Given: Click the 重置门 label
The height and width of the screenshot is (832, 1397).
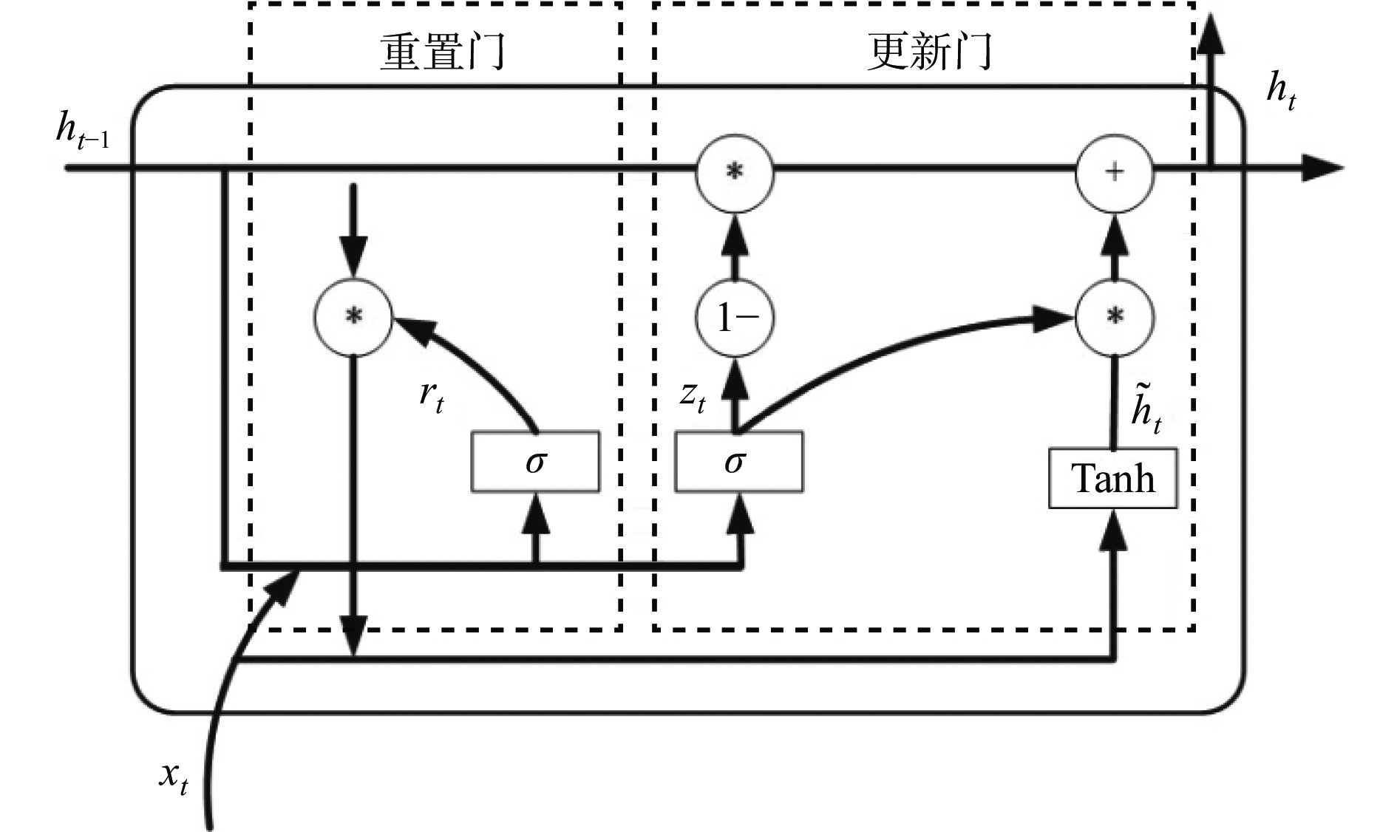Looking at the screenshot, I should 443,52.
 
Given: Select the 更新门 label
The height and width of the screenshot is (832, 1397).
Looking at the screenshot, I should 929,52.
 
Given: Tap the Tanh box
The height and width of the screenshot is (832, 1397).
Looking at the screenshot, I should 1112,478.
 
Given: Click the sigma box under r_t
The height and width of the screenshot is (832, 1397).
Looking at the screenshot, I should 535,463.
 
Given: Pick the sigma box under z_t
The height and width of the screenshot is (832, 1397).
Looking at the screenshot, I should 738,463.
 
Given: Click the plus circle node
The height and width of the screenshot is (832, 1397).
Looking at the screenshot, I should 1113,172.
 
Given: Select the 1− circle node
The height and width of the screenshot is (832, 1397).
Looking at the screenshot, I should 735,318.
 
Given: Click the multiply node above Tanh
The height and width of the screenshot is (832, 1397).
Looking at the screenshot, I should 1114,318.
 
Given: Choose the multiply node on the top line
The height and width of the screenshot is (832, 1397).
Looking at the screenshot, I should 734,172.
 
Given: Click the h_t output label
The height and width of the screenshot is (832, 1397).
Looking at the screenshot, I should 1281,92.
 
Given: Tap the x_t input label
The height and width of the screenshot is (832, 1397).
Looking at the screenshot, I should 173,778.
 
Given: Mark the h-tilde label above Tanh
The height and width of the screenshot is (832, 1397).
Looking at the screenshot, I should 1146,411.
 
